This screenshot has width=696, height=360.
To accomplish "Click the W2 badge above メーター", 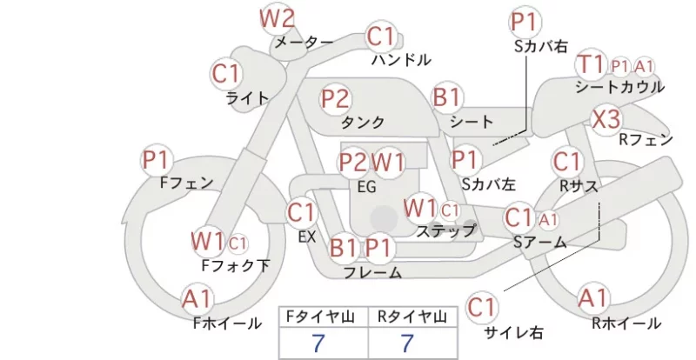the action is point(277,18).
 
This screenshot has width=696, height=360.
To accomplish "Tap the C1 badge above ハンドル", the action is point(380,37).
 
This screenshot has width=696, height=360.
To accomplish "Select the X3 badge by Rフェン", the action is point(606,119).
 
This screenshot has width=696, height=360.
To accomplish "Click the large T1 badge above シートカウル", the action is point(591,65).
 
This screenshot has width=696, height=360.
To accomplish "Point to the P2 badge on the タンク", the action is point(336,98).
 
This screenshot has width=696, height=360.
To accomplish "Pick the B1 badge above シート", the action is point(446,97).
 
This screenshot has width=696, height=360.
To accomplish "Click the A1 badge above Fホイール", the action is point(197,299).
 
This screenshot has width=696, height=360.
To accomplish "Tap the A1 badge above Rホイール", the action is point(593,298).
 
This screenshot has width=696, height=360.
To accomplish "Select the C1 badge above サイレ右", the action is point(481,307).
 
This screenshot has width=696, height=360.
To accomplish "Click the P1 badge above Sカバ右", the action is point(525,22).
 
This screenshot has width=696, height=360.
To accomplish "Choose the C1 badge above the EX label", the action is point(301,213).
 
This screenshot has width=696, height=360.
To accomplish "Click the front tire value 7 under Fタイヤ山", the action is point(318,343).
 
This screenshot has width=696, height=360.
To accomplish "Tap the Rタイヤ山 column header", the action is point(412,317).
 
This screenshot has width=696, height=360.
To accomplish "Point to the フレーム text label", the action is point(373,272).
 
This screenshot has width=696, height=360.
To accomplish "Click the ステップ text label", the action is point(445,230).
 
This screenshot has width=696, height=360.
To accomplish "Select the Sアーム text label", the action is point(540,242).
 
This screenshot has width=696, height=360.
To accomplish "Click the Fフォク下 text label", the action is point(236,265).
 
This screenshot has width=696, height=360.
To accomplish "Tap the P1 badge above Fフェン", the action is point(157,160).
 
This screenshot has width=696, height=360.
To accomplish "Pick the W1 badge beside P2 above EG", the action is point(388,163).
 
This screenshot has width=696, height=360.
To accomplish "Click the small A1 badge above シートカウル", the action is point(644,67).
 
